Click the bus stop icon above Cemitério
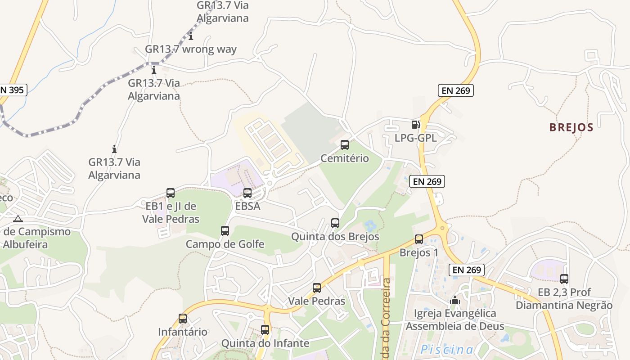tap(345, 145)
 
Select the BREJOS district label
tap(571, 127)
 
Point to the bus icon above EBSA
tap(247, 193)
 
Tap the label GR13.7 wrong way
tap(191, 49)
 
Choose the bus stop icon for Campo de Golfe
tap(225, 231)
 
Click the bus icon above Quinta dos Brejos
tap(335, 223)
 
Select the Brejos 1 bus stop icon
tap(419, 239)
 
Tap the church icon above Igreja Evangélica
tap(455, 300)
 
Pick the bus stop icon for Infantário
tap(183, 319)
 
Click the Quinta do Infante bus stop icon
tap(265, 330)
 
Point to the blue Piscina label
tap(446, 350)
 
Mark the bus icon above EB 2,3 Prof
tap(564, 279)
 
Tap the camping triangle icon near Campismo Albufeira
tap(18, 219)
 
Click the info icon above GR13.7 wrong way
tap(191, 36)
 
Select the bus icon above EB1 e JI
tap(171, 193)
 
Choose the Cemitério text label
tap(345, 158)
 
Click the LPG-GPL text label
tap(415, 138)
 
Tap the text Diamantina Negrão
tap(564, 306)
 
